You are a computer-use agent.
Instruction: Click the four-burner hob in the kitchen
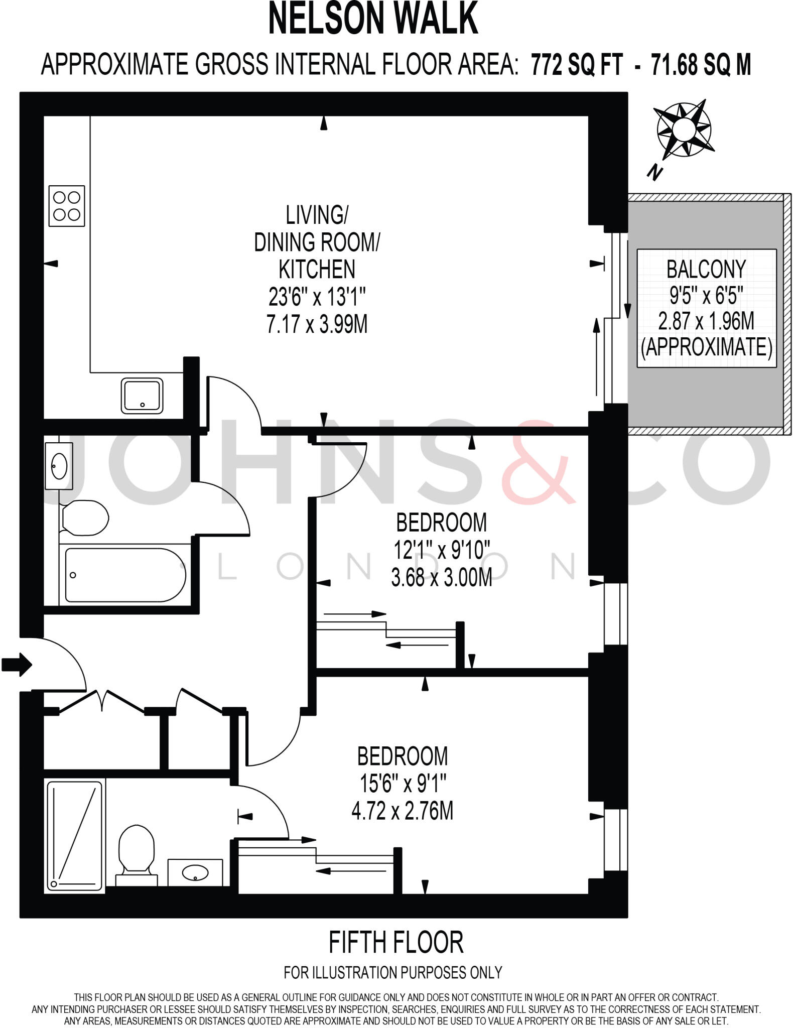[x=67, y=206]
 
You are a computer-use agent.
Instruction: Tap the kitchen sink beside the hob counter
[x=142, y=396]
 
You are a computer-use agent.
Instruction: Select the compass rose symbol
[x=684, y=129]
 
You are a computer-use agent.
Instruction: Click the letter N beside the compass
[x=654, y=173]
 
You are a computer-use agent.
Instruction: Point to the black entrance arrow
[x=17, y=665]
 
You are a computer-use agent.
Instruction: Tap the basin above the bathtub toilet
[x=59, y=465]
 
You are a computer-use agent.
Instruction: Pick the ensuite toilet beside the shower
[x=136, y=853]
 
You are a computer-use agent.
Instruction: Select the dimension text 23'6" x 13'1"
[x=317, y=298]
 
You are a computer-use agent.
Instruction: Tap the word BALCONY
[x=706, y=270]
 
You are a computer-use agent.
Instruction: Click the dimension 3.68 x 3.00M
[x=441, y=578]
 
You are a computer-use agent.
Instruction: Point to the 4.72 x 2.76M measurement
[x=403, y=811]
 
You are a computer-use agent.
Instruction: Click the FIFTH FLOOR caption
[x=396, y=942]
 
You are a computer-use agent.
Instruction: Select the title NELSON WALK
[x=373, y=19]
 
